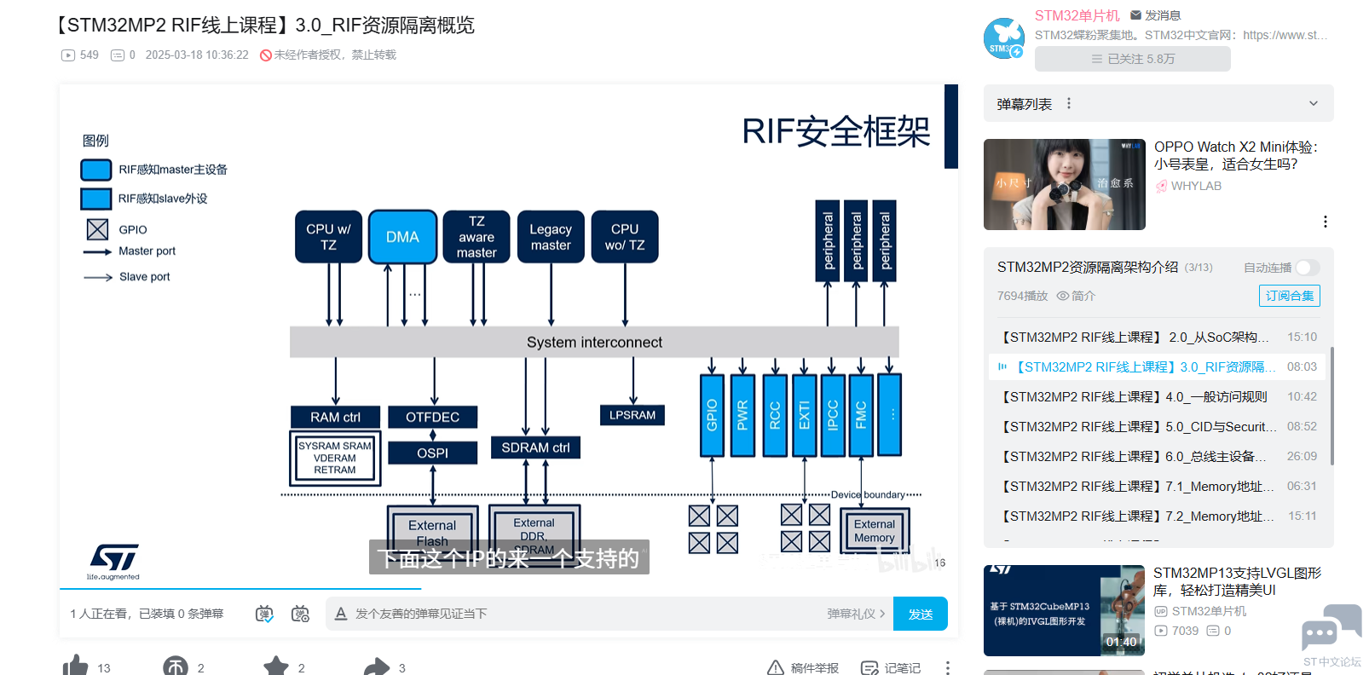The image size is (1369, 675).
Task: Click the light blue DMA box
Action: [x=402, y=237]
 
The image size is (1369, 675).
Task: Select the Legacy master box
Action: [x=551, y=237]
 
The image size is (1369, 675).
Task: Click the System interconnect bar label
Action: [x=594, y=342]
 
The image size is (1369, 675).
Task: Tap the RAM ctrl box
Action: [x=335, y=417]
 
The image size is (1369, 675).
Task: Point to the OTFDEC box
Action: [x=432, y=417]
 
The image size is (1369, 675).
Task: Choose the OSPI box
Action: [x=432, y=453]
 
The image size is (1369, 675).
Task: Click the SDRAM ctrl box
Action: [x=535, y=447]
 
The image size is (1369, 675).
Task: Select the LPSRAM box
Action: [x=632, y=415]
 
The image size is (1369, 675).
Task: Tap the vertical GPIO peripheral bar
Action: [x=712, y=415]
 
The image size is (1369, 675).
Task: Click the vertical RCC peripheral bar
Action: [x=775, y=415]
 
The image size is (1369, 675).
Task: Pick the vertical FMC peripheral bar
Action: [x=861, y=415]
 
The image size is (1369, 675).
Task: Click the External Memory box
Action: [x=875, y=530]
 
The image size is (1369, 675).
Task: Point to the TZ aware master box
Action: [x=477, y=237]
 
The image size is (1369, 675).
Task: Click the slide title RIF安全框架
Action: [x=835, y=132]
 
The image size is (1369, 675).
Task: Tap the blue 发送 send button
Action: [x=920, y=614]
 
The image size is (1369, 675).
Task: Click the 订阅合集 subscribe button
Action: [x=1289, y=296]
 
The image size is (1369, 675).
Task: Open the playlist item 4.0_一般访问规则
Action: [x=1134, y=396]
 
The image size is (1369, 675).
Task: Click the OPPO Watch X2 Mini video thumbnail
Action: [x=1064, y=184]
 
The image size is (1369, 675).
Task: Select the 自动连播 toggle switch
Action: [x=1307, y=268]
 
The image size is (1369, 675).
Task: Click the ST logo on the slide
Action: [x=114, y=558]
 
